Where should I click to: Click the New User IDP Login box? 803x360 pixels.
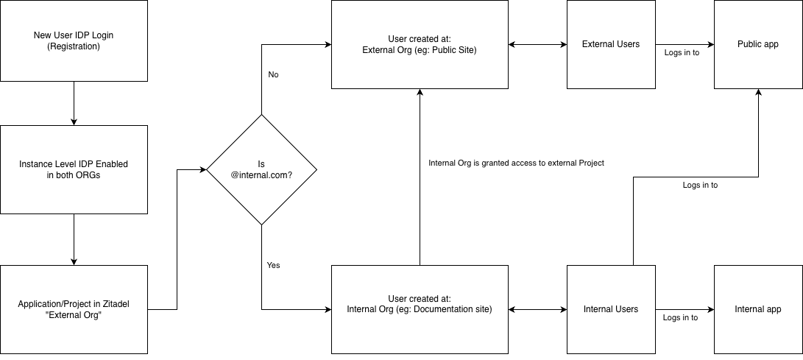click(74, 40)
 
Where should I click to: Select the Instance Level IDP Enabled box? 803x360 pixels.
click(74, 169)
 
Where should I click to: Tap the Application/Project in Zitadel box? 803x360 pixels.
click(74, 309)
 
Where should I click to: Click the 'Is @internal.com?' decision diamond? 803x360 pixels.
click(261, 170)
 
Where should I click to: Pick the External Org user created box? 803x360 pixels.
click(420, 44)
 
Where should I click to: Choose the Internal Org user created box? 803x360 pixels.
click(420, 309)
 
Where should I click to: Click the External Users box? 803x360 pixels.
click(611, 44)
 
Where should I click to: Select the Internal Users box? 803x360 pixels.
click(611, 309)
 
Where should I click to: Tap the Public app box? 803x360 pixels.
click(758, 44)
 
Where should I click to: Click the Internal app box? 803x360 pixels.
click(758, 309)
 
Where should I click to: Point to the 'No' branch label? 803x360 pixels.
click(273, 74)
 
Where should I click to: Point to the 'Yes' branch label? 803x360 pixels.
click(274, 265)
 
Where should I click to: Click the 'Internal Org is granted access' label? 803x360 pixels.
click(516, 163)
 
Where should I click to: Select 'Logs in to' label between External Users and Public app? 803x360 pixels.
click(682, 53)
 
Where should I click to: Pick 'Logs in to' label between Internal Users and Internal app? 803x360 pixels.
click(680, 317)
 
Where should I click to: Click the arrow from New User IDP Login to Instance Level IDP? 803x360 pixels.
click(74, 103)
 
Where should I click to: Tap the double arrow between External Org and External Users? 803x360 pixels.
click(537, 44)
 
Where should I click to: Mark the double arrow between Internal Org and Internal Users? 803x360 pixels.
click(537, 309)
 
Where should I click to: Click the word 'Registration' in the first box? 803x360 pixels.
click(74, 46)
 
